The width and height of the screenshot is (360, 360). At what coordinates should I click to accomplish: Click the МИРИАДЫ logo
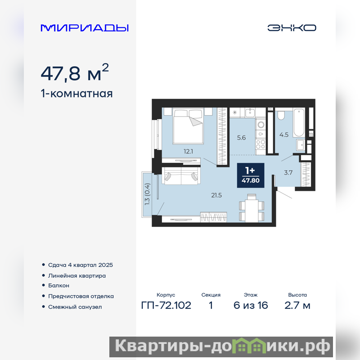coord(85,28)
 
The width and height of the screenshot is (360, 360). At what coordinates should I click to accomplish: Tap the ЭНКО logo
coord(292,28)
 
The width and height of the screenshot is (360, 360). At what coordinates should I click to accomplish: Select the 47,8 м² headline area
coord(75,72)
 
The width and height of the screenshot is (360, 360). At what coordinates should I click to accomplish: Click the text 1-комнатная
coord(76,94)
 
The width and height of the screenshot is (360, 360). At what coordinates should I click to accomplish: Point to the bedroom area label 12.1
coord(188,151)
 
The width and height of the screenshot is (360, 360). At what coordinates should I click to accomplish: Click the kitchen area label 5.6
coord(241,138)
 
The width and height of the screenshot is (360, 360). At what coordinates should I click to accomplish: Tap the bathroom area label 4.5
coord(284,135)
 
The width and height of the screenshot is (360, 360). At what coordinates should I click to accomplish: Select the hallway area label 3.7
coord(288,172)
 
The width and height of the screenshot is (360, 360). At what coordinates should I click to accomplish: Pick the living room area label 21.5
coord(216,195)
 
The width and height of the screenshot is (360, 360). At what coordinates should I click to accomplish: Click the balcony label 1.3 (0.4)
coord(147,194)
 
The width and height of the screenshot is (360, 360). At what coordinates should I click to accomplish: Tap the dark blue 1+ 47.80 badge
coord(251,175)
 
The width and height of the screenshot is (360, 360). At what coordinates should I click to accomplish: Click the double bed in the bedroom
coord(188,126)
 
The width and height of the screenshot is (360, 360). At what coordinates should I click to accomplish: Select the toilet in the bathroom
coord(281,115)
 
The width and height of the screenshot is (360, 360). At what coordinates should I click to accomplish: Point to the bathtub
coord(298,123)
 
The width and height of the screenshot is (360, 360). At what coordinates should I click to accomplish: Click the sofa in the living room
coord(181,176)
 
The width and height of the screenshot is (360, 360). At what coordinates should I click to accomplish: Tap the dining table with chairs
coord(252,208)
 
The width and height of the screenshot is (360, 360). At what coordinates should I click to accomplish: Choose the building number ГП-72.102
coord(166,306)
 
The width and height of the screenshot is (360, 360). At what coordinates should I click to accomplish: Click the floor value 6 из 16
coord(251,306)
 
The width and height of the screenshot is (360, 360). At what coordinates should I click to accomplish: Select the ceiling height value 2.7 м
coord(297,306)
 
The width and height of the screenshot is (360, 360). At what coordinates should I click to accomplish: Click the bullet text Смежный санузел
coord(75,307)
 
